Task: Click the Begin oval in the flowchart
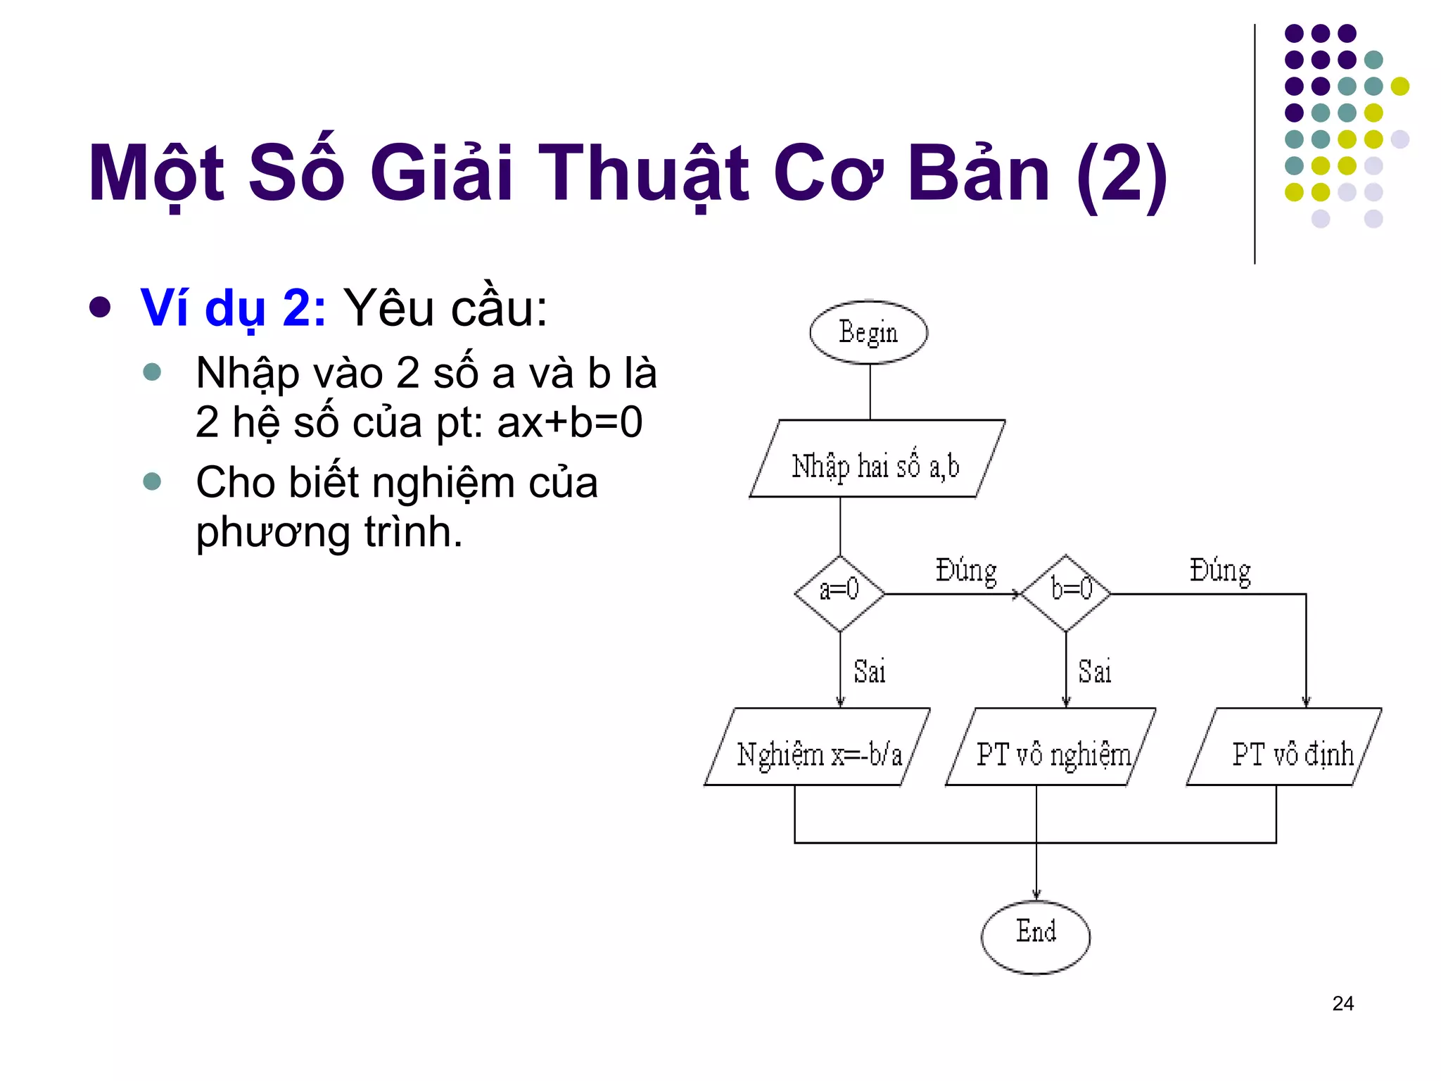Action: [x=868, y=332]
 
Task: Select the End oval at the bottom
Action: [x=1036, y=937]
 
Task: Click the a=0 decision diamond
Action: [x=839, y=593]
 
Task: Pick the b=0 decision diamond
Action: [x=1066, y=593]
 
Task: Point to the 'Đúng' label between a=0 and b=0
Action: [x=966, y=571]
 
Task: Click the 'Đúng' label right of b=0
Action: [x=1220, y=571]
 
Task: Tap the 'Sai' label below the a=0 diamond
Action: [x=870, y=671]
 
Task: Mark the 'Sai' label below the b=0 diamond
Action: [x=1095, y=671]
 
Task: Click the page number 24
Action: [x=1342, y=1004]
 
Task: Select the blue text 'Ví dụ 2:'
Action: [x=233, y=309]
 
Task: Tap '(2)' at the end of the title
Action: [x=1122, y=174]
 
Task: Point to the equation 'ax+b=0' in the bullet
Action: [x=569, y=422]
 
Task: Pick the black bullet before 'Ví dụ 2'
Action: [x=101, y=308]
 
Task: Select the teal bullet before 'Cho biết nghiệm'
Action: [x=152, y=481]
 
